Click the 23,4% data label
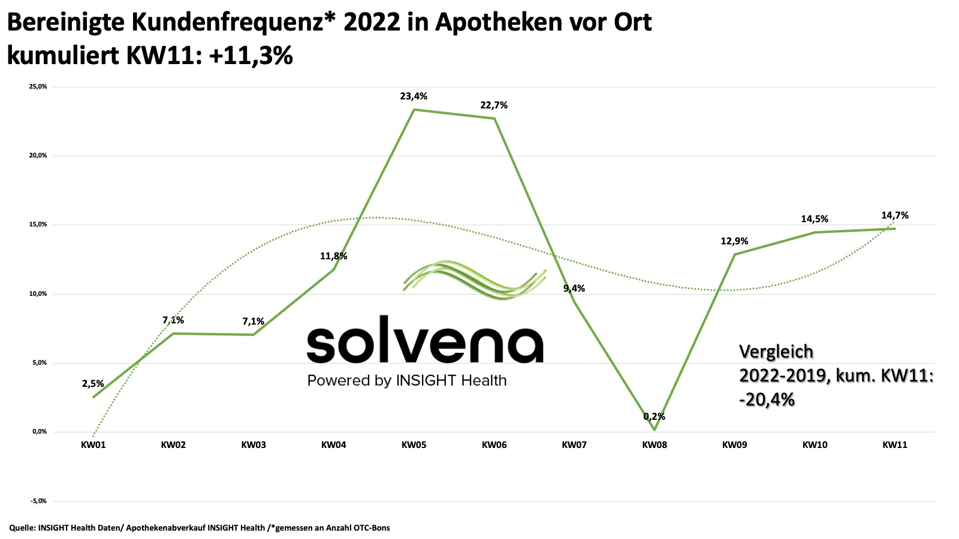[414, 96]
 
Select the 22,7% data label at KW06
[494, 105]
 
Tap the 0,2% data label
[654, 416]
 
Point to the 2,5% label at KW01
[93, 384]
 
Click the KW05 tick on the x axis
[414, 445]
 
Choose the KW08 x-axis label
[654, 445]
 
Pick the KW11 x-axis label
[894, 445]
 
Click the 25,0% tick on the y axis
[38, 87]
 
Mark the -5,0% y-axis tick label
[38, 501]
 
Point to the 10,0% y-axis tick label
[38, 294]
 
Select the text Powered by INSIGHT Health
[407, 380]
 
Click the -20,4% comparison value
[767, 399]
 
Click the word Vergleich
[776, 352]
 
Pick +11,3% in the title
[252, 55]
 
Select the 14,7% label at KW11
[894, 215]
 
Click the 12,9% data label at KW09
[734, 241]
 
